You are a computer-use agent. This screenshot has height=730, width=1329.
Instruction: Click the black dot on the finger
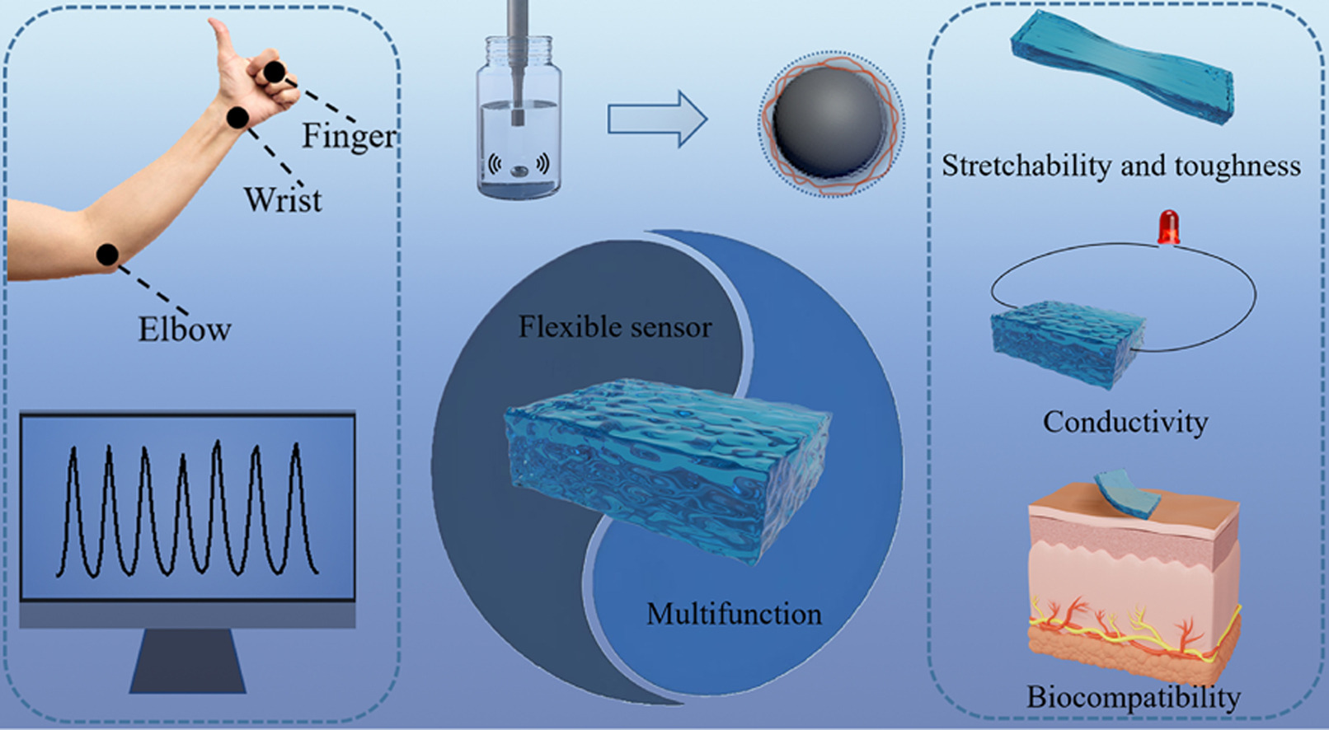click(274, 73)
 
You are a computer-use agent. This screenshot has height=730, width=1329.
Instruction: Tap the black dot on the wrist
click(237, 118)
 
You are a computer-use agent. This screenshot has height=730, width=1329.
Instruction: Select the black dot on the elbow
click(107, 255)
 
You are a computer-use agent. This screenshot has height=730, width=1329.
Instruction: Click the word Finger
click(349, 136)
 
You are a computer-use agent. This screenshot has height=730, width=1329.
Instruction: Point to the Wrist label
click(283, 200)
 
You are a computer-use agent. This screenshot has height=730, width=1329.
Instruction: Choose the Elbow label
click(184, 330)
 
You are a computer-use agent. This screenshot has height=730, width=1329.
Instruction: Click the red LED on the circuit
click(1167, 226)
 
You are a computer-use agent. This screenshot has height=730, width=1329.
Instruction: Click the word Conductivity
click(1125, 422)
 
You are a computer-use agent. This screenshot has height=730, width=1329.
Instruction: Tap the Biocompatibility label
click(1133, 697)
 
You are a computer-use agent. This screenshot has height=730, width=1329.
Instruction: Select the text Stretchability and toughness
click(1120, 166)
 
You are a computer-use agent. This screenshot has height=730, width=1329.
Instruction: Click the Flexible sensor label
click(614, 327)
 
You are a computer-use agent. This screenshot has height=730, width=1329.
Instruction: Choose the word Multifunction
click(733, 614)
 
